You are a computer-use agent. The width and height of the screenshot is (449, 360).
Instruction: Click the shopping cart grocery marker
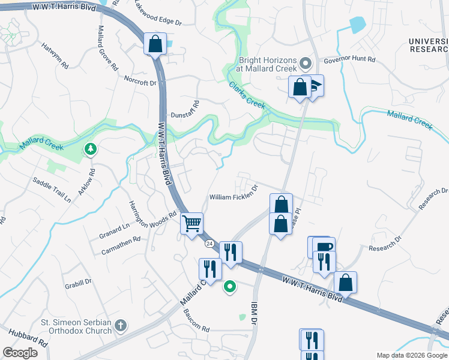(192, 224)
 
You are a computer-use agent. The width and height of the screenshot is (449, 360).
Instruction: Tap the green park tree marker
(91, 148)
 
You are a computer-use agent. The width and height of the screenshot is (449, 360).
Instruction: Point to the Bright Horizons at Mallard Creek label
(268, 64)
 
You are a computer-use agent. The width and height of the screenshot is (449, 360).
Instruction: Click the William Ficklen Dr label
(234, 197)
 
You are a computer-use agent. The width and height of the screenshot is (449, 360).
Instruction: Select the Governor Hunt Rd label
(349, 60)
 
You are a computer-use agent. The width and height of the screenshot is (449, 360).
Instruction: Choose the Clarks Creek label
(247, 95)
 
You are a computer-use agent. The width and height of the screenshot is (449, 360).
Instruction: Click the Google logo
(20, 352)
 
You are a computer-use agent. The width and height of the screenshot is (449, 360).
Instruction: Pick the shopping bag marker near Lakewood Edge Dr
(155, 44)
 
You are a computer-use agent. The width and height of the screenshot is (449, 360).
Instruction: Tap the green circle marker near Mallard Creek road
(229, 287)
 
